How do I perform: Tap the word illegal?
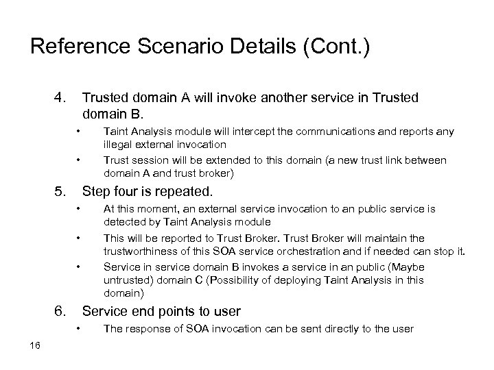117,143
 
